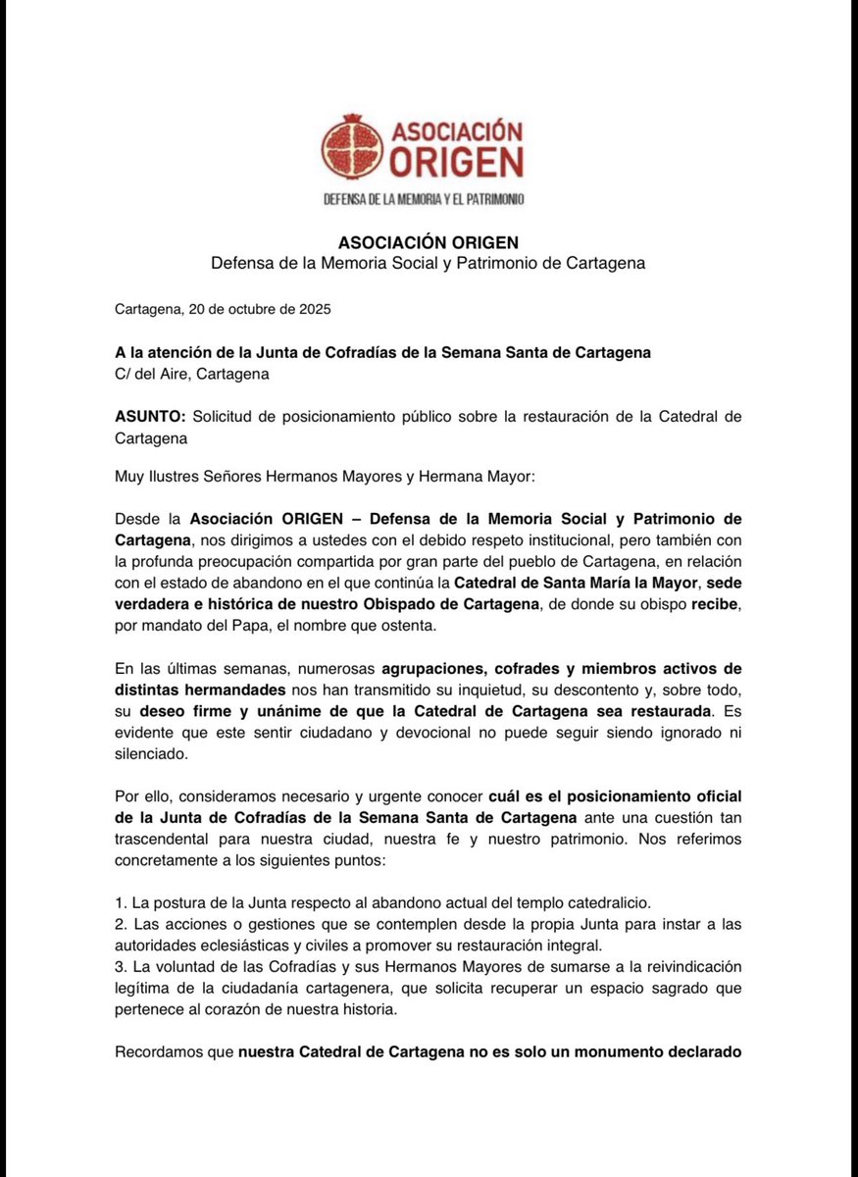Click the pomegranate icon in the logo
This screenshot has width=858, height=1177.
[354, 147]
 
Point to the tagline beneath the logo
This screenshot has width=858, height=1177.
[424, 199]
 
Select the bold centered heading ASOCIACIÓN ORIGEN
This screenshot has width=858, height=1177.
[429, 242]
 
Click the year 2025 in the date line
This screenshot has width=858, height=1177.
[314, 309]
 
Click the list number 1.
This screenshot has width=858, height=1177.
[120, 903]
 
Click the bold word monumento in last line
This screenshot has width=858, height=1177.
[617, 1052]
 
